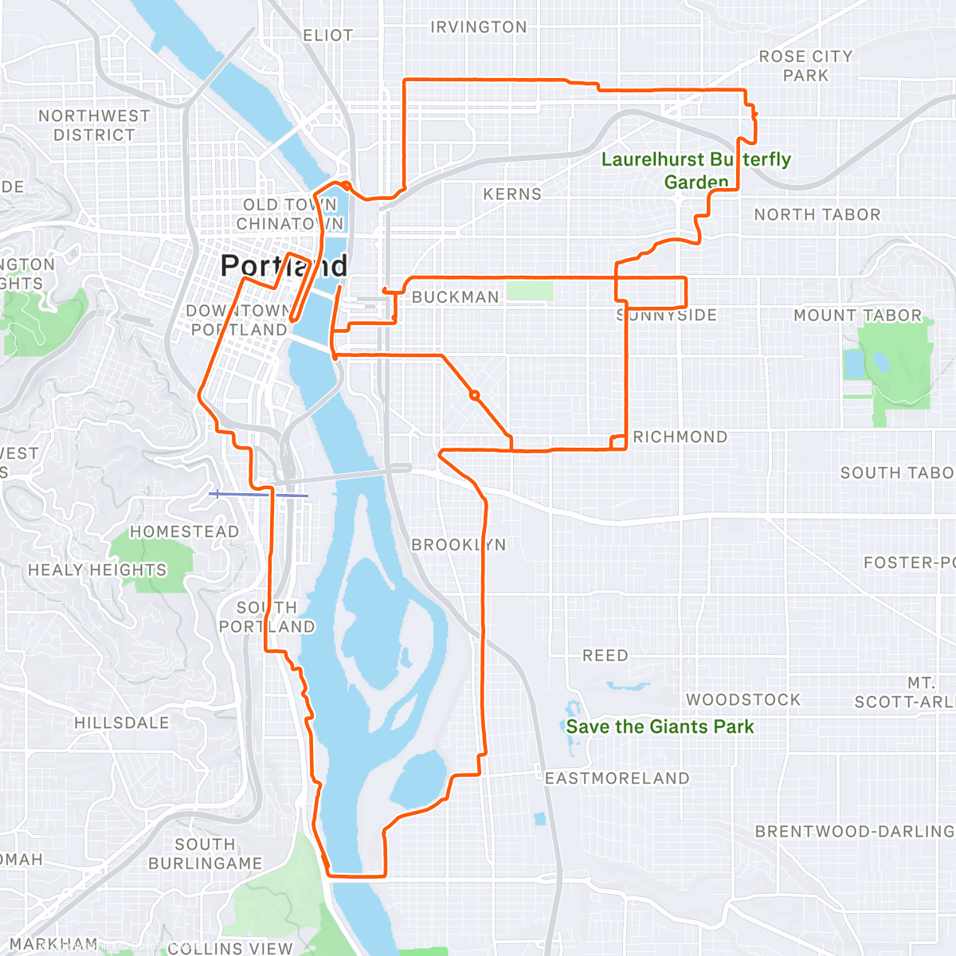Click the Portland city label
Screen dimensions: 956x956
(x=284, y=265)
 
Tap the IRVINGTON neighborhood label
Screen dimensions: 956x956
(x=478, y=27)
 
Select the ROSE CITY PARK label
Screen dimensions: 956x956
(x=805, y=66)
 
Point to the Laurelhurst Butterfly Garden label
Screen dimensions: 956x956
(x=695, y=170)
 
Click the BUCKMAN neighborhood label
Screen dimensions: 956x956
(x=456, y=297)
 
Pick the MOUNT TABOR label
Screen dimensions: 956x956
(x=857, y=315)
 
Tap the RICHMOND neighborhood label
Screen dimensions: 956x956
(x=680, y=437)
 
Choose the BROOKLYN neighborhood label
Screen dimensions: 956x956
(x=458, y=545)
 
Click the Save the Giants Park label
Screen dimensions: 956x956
(x=660, y=727)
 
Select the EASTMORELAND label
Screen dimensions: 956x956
(x=617, y=778)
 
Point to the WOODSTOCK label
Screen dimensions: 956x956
(x=743, y=699)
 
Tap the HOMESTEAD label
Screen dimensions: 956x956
(x=184, y=531)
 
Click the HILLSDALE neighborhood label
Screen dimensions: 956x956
(x=122, y=723)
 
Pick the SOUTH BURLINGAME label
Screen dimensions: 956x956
(x=206, y=854)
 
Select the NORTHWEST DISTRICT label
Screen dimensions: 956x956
(x=94, y=125)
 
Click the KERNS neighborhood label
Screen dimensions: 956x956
(x=512, y=194)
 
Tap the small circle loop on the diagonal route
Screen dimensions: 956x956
(x=474, y=395)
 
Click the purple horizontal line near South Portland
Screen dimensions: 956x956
(x=259, y=495)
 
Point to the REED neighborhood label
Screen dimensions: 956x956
(x=605, y=656)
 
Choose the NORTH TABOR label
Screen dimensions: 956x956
(x=817, y=214)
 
